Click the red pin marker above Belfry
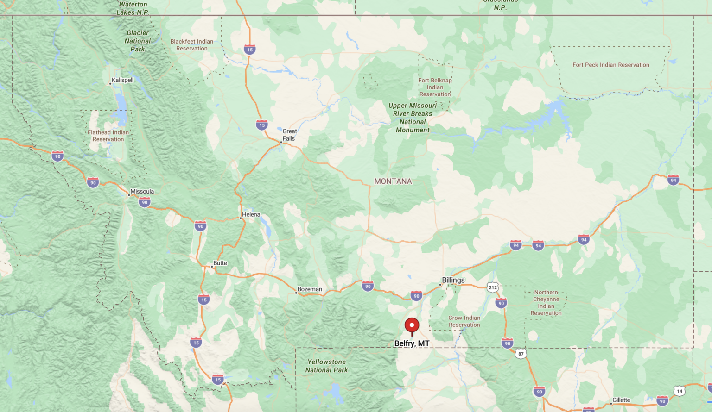pyautogui.click(x=412, y=325)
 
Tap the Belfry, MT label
pyautogui.click(x=412, y=343)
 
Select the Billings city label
pyautogui.click(x=453, y=280)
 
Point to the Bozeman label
pyautogui.click(x=310, y=289)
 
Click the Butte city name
pyautogui.click(x=220, y=263)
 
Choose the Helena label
pyautogui.click(x=251, y=214)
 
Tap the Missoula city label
pyautogui.click(x=142, y=192)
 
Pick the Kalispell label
pyautogui.click(x=122, y=80)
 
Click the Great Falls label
pyautogui.click(x=289, y=135)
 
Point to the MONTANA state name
pyautogui.click(x=393, y=181)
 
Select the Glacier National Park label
pyautogui.click(x=137, y=41)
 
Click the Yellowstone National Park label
pyautogui.click(x=326, y=366)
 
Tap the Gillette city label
pyautogui.click(x=621, y=400)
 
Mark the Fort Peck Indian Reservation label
pyautogui.click(x=610, y=65)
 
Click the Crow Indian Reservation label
pyautogui.click(x=464, y=321)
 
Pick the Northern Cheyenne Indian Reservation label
pyautogui.click(x=546, y=303)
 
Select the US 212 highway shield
pyautogui.click(x=492, y=287)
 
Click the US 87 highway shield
pyautogui.click(x=521, y=354)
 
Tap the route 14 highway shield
pyautogui.click(x=680, y=391)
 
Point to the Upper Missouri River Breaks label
pyautogui.click(x=413, y=118)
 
